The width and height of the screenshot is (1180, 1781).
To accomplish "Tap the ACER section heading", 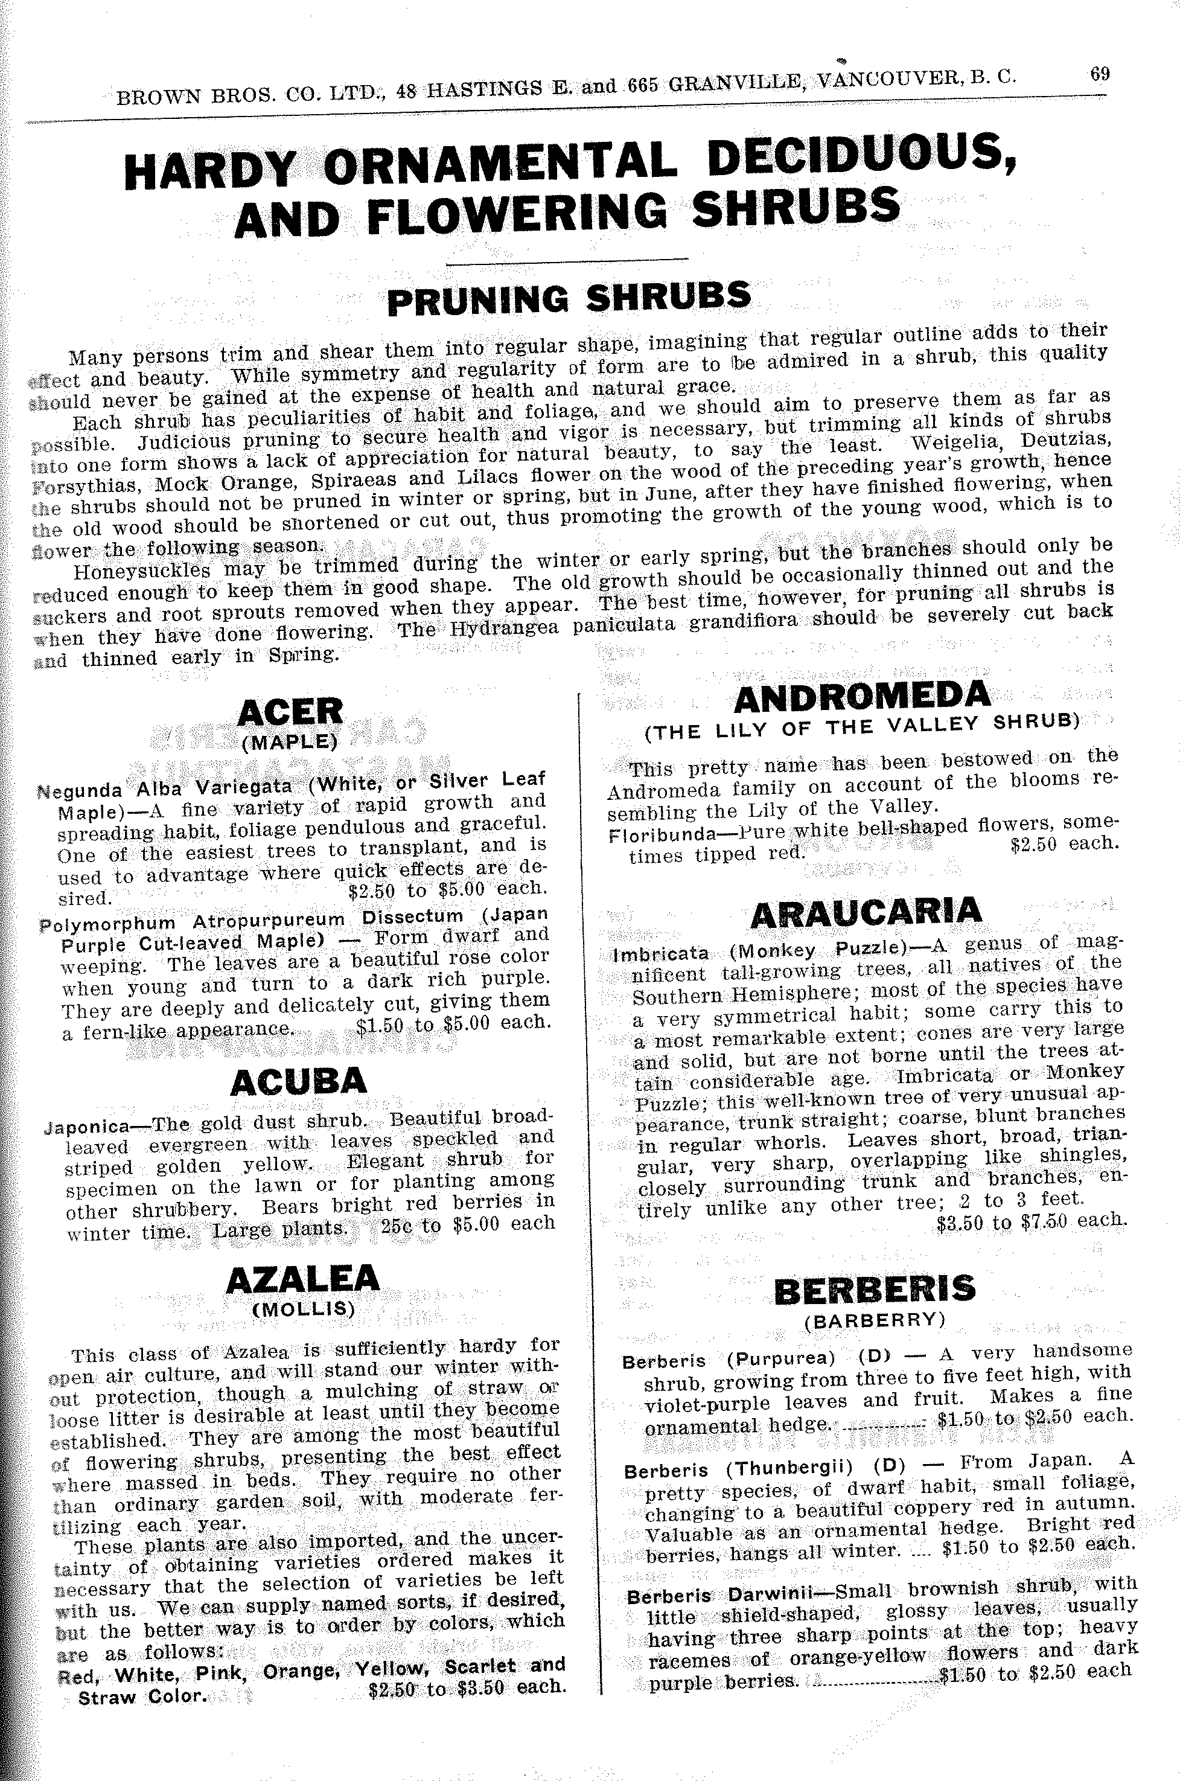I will click(290, 711).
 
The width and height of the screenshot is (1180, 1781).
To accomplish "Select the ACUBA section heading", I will click(299, 1082).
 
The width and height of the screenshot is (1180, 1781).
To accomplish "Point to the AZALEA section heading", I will click(302, 1277).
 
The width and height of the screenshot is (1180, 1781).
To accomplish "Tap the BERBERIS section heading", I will click(875, 1290).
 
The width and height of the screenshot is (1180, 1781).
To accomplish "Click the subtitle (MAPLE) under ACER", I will click(290, 741).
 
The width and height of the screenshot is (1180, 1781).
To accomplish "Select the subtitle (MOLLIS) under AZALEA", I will click(303, 1309).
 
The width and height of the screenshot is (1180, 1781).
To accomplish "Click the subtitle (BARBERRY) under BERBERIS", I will click(875, 1320).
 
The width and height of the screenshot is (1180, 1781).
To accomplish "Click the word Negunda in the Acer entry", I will click(80, 790).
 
